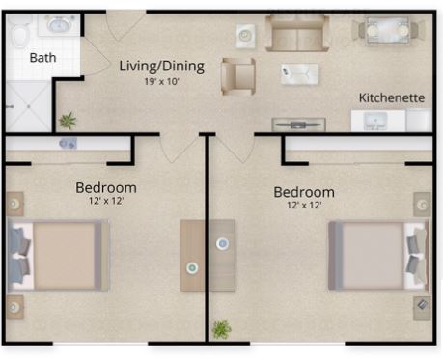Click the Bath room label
tap(42, 58)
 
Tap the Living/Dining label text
tap(161, 67)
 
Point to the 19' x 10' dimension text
tap(161, 81)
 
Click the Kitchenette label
tap(392, 97)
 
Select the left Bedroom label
tap(106, 188)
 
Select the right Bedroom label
tap(304, 192)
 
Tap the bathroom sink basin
tap(59, 25)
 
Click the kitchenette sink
tap(375, 121)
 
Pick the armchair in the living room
tap(238, 76)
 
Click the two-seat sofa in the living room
tap(297, 33)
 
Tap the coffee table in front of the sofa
tap(299, 74)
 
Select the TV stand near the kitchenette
tap(298, 125)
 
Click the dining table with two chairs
tap(388, 31)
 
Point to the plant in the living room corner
tap(68, 121)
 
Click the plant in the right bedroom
tap(221, 329)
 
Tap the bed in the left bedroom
tap(58, 256)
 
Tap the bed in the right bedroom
tap(378, 256)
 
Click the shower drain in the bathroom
tap(29, 106)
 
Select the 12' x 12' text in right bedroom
tap(304, 205)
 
